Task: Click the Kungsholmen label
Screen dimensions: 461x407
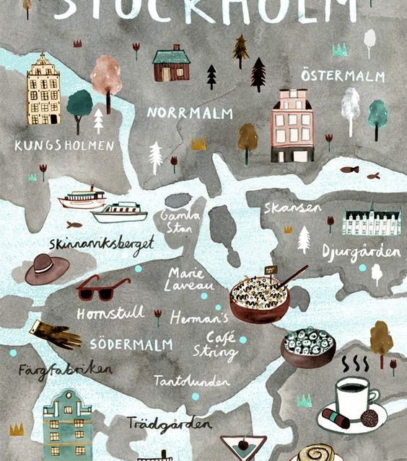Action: [x=64, y=146]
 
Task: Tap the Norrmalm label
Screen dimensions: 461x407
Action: [x=180, y=113]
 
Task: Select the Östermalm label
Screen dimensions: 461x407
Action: [x=343, y=76]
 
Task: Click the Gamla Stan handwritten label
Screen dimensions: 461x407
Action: [x=176, y=220]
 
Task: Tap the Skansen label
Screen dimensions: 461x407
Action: [x=292, y=208]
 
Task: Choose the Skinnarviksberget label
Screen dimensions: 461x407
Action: [x=101, y=243]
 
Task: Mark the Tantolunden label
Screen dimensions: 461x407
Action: [x=191, y=380]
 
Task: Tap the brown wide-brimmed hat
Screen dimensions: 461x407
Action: [x=47, y=269]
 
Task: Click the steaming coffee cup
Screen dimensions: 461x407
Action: [x=356, y=397]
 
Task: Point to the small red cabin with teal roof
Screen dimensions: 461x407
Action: [x=171, y=63]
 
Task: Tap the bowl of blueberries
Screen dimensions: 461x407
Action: [x=307, y=346]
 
